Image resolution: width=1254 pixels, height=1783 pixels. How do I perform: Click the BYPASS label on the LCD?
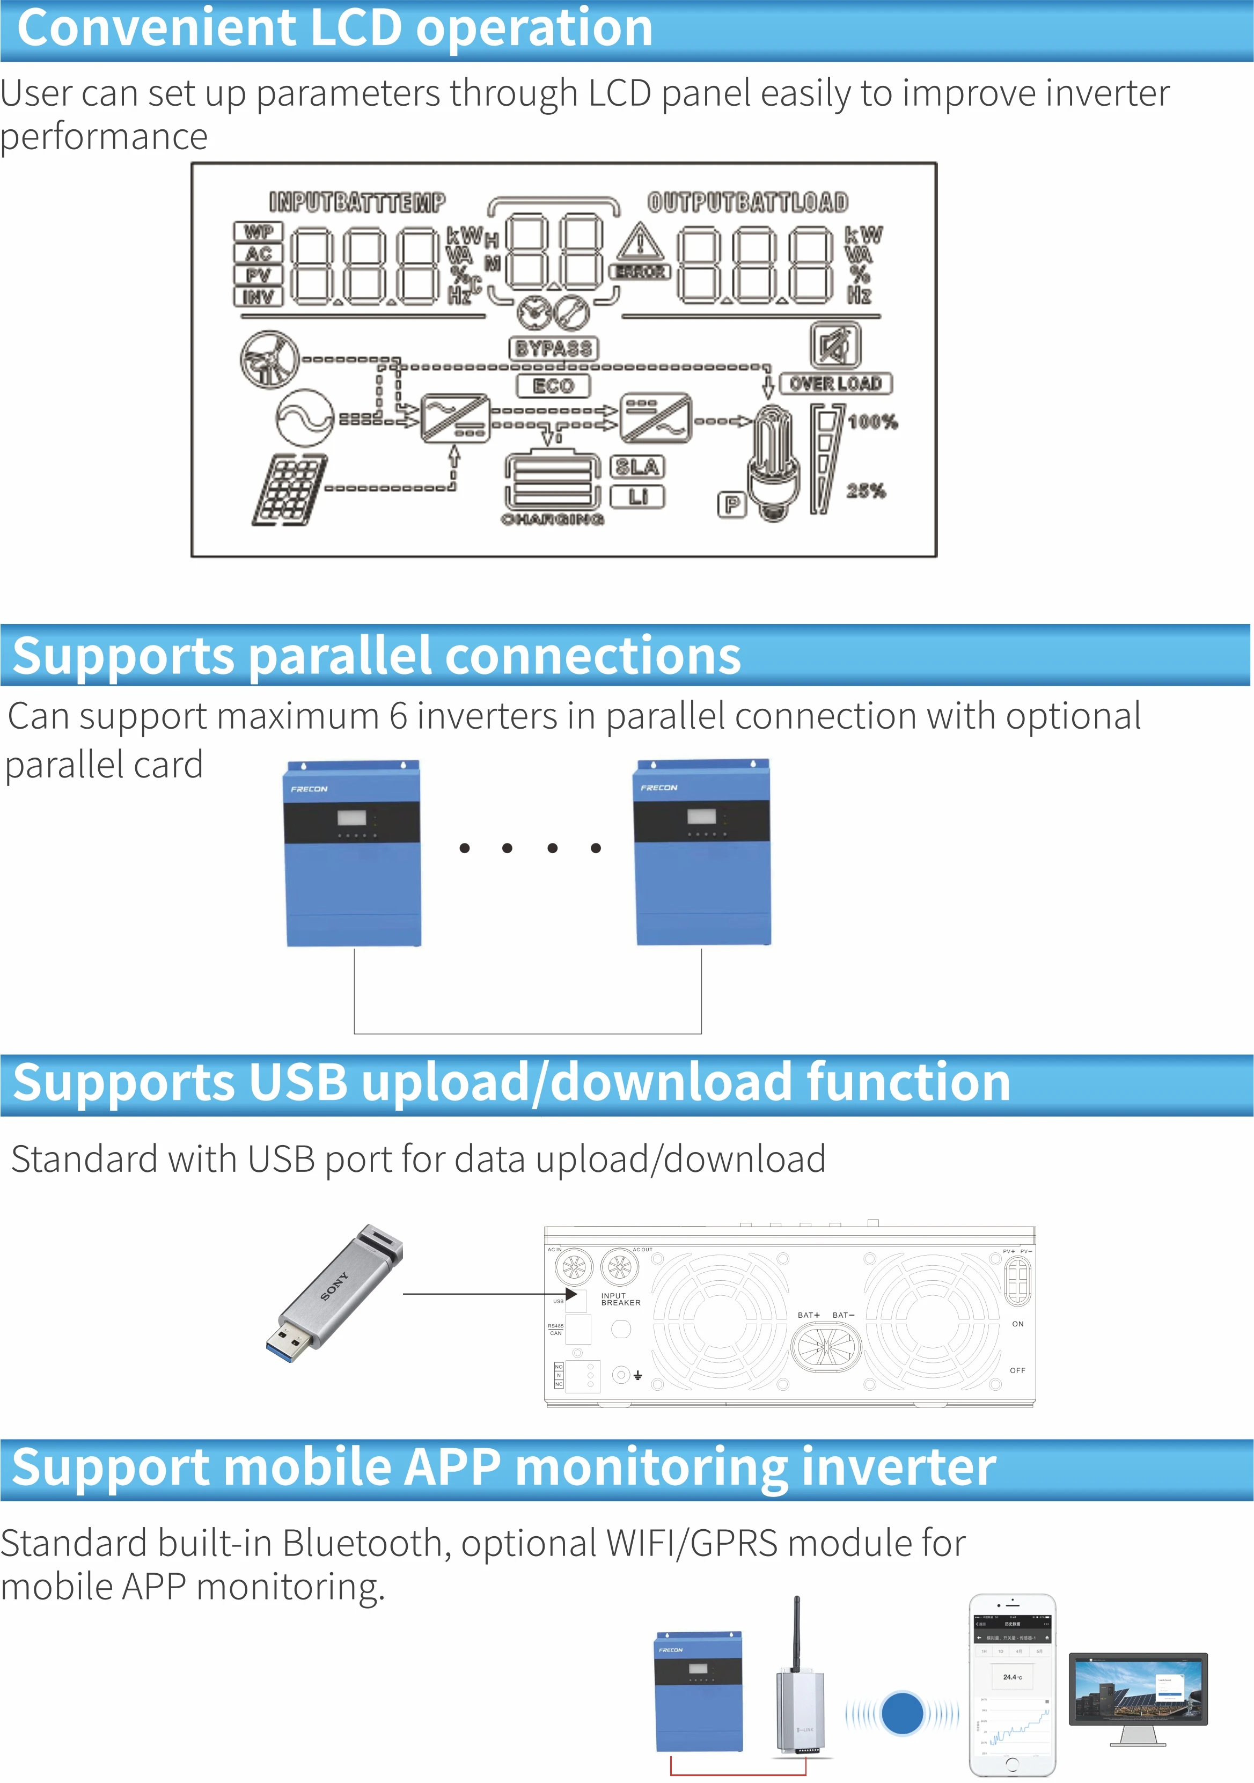coord(554,348)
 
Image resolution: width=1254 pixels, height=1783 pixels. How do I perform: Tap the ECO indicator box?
coord(553,386)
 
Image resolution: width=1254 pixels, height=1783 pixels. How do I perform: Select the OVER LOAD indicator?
coord(835,384)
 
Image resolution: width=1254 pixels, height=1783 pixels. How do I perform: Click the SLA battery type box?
coord(637,467)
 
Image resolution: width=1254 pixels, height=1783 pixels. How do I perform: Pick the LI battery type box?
coord(637,496)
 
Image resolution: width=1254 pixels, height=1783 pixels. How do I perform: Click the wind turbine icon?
coord(269,359)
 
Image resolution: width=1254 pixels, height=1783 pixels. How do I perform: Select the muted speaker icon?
coord(835,346)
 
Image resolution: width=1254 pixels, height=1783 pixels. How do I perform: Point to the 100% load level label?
coord(872,422)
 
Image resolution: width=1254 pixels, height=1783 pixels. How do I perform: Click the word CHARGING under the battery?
coord(552,519)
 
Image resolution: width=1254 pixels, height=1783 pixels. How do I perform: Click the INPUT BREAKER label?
coord(620,1299)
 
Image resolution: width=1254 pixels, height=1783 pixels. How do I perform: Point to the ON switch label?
coord(1017,1324)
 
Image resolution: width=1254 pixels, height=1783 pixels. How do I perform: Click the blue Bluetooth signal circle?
coord(902,1712)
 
